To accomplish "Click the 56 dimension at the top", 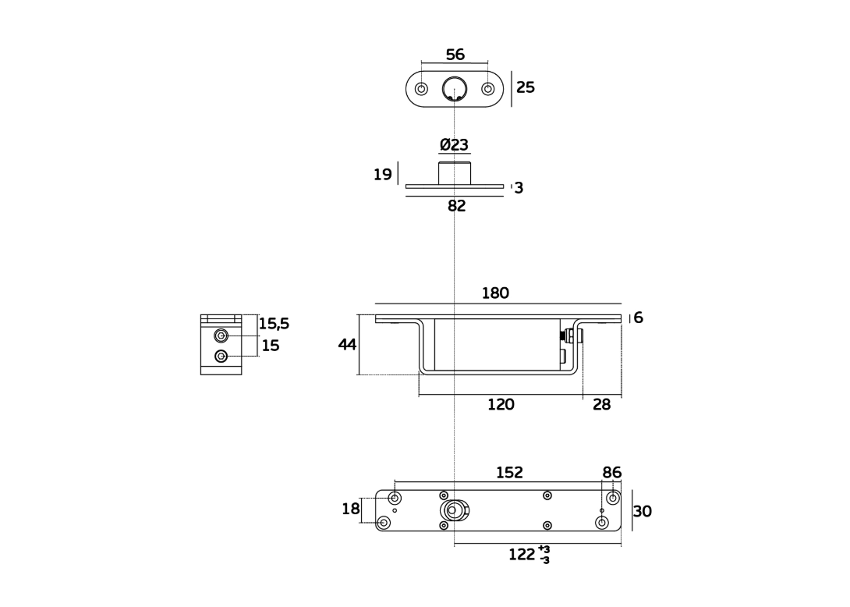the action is (455, 55).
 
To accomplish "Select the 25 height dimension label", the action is (526, 87).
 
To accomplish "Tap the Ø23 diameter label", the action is (454, 145).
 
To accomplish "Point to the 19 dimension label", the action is (382, 174).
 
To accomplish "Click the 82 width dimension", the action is (456, 206).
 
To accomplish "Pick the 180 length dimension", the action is (495, 293).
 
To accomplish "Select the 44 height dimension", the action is (347, 344).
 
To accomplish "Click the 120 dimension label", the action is (501, 405).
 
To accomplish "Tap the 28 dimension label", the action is (601, 405).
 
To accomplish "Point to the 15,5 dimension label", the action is (274, 324).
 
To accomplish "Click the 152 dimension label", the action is (509, 473).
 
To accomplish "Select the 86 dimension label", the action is (611, 473).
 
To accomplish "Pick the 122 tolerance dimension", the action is (529, 555).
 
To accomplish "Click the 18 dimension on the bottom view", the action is (350, 509).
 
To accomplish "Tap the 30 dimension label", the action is (643, 512).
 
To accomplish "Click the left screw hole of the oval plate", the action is (421, 89).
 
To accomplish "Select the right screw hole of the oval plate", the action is (488, 89).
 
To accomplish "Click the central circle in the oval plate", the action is (455, 89).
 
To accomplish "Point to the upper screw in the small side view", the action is (221, 336).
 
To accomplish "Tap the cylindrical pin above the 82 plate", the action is (455, 173).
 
